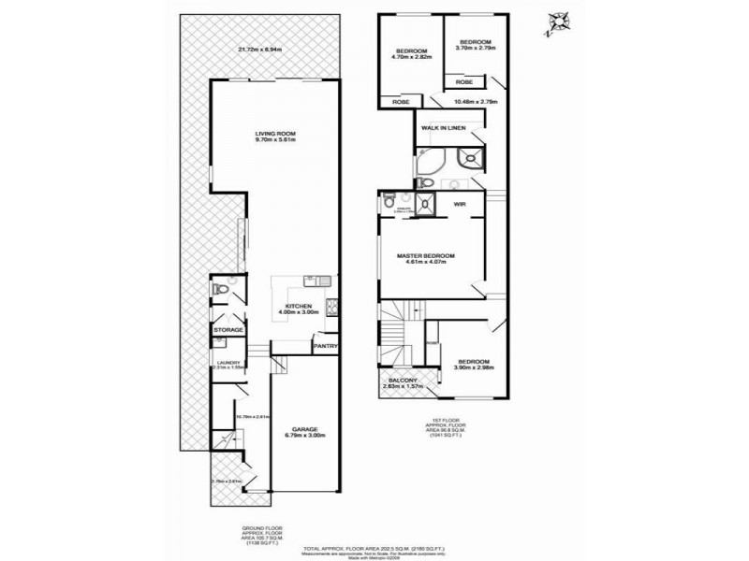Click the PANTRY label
pyautogui.click(x=325, y=346)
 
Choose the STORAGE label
pyautogui.click(x=228, y=329)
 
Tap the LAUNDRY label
pyautogui.click(x=228, y=362)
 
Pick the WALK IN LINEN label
pyautogui.click(x=443, y=127)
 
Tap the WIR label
pyautogui.click(x=460, y=202)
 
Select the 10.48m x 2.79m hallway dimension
pyautogui.click(x=475, y=101)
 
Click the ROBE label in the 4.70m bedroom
pyautogui.click(x=401, y=101)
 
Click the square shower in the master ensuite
pyautogui.click(x=425, y=203)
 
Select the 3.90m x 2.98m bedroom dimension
pyautogui.click(x=476, y=368)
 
